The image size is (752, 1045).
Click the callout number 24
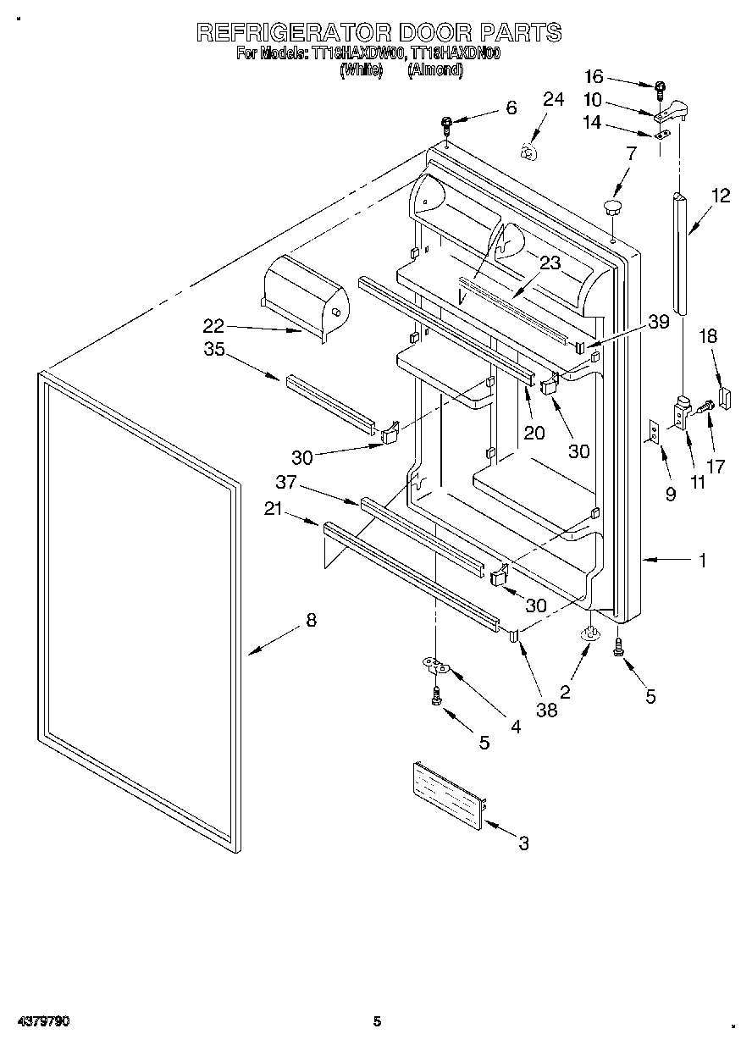(x=552, y=100)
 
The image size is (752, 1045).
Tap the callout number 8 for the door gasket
(x=311, y=620)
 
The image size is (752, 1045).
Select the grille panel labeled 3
(x=447, y=793)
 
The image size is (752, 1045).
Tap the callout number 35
(x=214, y=349)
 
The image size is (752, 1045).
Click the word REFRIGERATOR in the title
(x=293, y=32)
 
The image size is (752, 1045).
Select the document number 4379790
(x=42, y=1021)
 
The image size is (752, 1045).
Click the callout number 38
(x=547, y=710)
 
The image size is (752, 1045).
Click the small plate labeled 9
(x=654, y=432)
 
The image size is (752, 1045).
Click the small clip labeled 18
(x=723, y=397)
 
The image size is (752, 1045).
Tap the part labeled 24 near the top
(x=528, y=152)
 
